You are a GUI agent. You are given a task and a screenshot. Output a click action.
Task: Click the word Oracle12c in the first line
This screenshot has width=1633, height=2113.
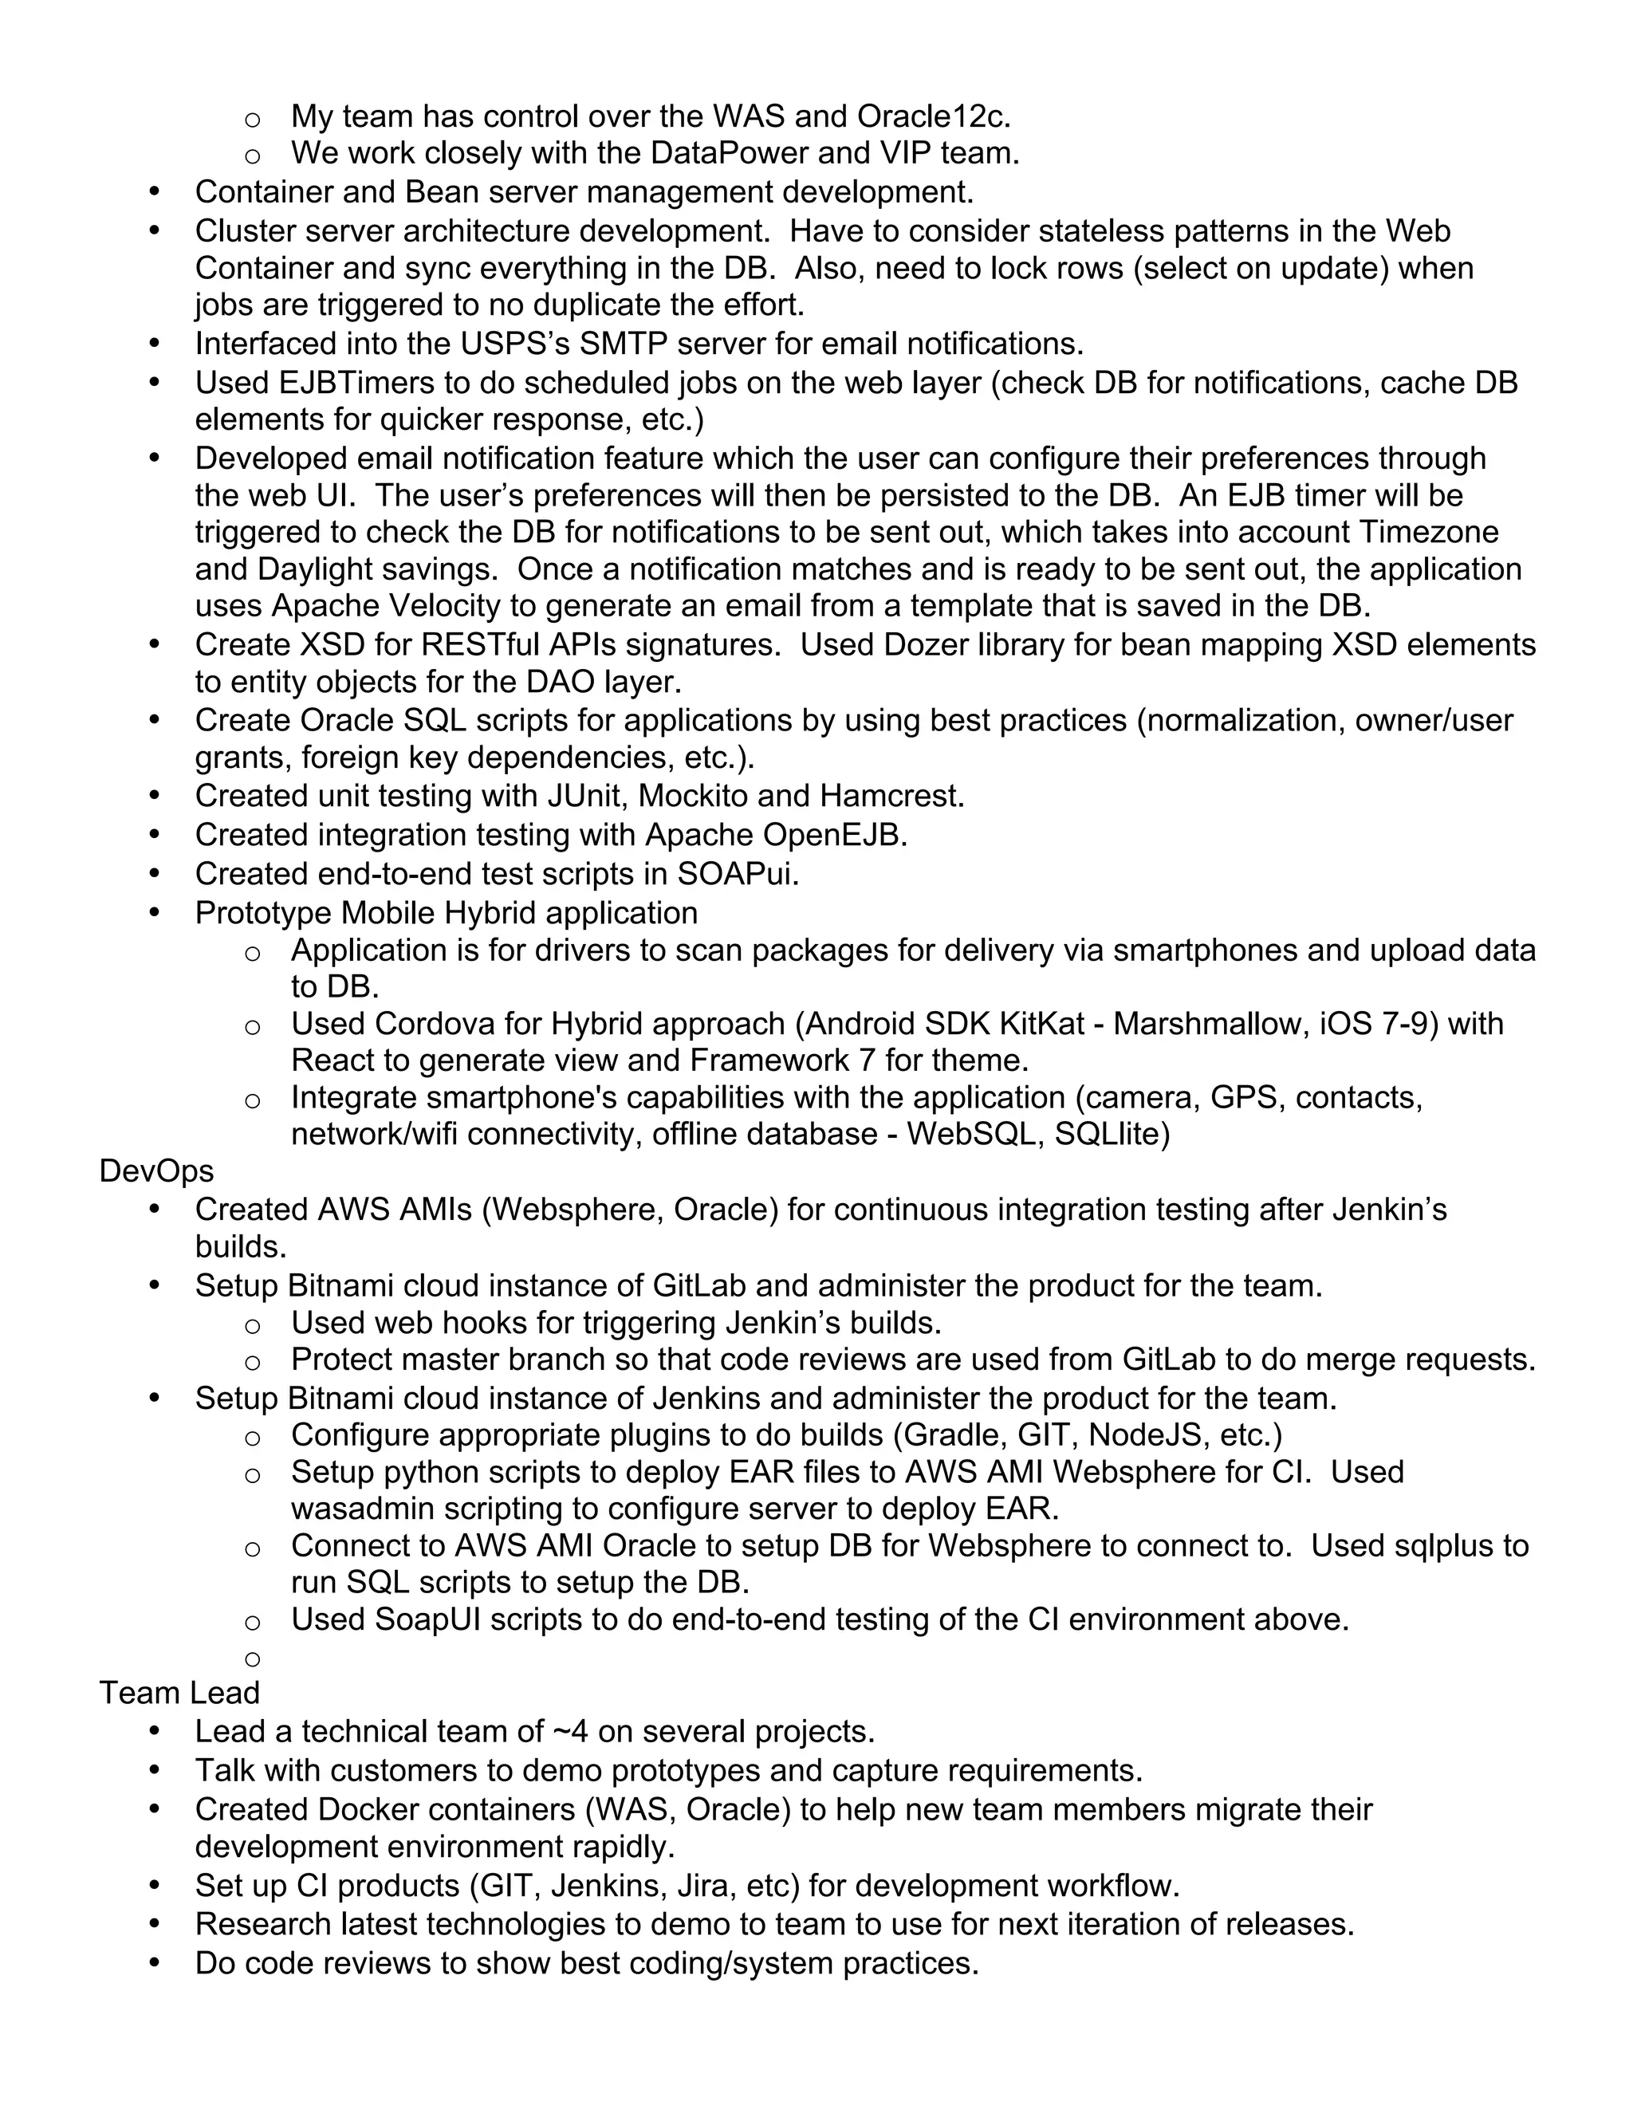[933, 116]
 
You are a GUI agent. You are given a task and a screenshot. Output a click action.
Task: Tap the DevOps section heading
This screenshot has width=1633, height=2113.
[155, 1171]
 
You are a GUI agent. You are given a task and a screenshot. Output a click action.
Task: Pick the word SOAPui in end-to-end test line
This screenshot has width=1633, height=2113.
[738, 874]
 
